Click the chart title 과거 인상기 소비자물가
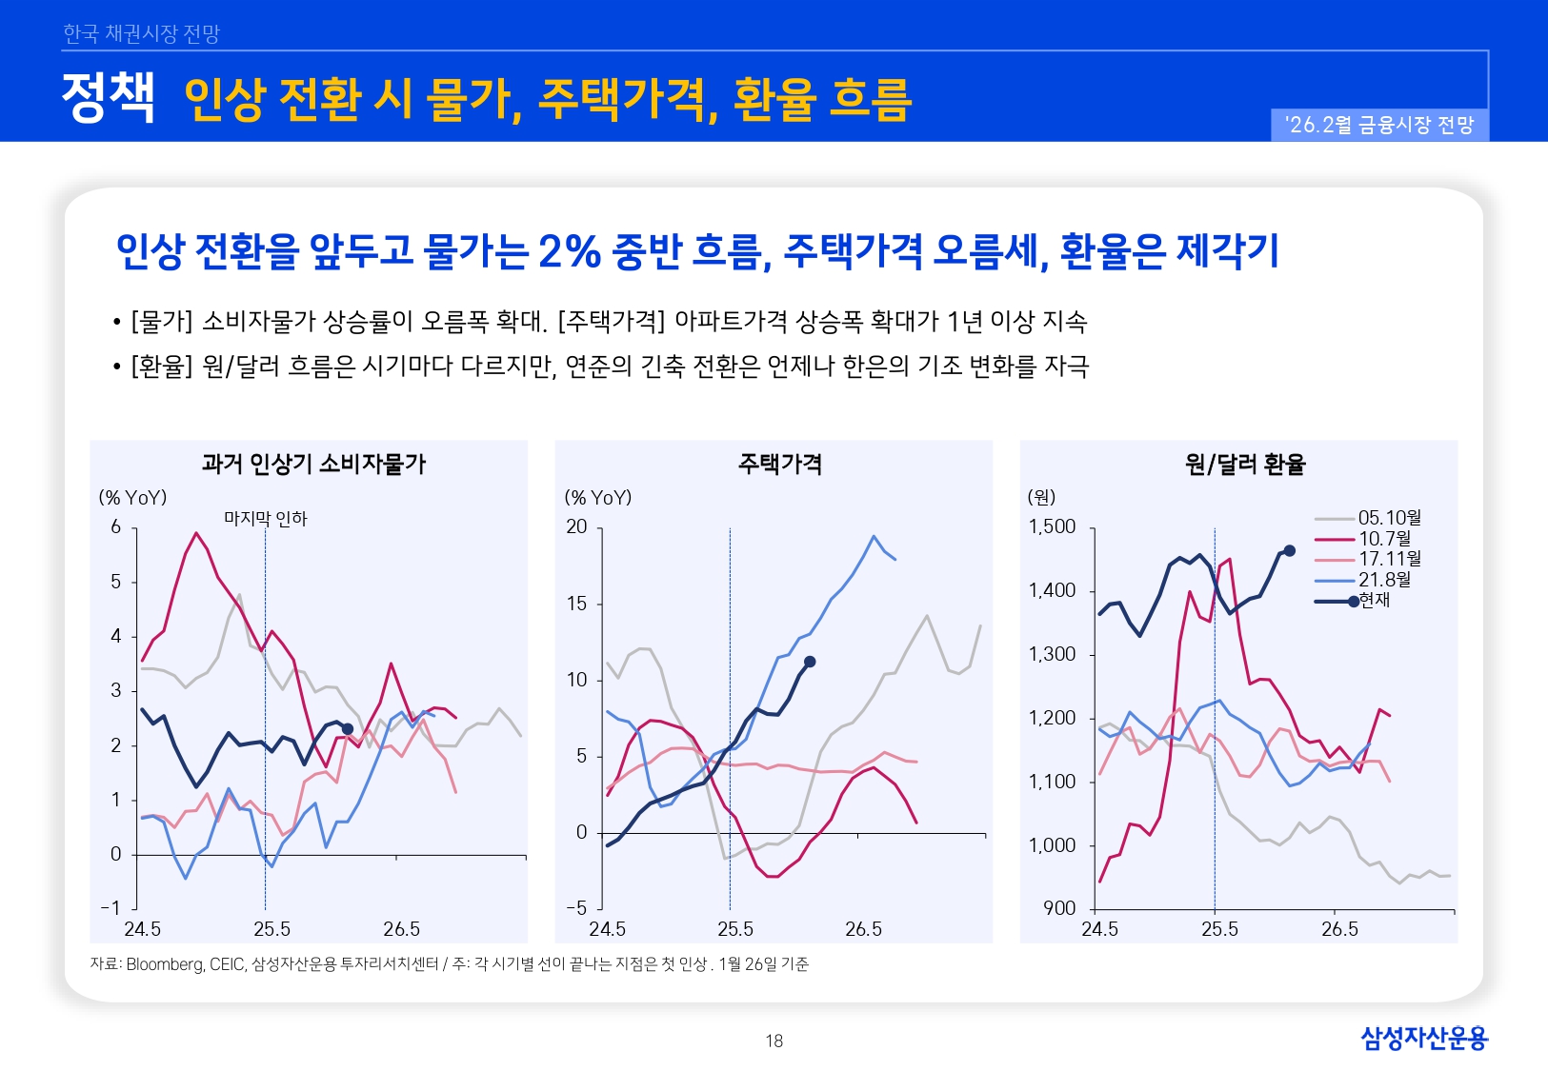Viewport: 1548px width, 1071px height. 313,464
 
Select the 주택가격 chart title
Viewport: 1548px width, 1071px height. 779,464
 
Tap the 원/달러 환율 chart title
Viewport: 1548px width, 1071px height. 1244,464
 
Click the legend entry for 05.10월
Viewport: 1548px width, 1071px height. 1389,518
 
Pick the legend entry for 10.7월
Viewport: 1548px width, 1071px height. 1384,539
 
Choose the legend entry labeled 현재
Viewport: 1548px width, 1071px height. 1374,601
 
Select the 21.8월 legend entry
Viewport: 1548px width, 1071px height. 1384,580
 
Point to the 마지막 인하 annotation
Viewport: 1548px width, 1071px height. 265,519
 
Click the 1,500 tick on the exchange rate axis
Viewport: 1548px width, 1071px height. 1052,526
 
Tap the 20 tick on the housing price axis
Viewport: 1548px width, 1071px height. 577,526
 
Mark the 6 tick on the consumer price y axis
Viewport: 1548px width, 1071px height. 116,526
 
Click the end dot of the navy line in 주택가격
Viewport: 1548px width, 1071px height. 810,662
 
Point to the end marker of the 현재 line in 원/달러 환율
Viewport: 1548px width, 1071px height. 1290,550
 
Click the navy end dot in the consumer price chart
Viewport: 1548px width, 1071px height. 348,728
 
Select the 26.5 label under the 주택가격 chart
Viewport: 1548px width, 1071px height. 863,928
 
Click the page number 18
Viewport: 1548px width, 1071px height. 774,1041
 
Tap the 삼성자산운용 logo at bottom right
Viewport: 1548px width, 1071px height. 1423,1038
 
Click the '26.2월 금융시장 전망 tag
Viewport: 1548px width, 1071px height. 1378,125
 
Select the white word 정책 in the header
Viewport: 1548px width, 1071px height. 108,98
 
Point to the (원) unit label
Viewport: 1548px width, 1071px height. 1041,497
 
